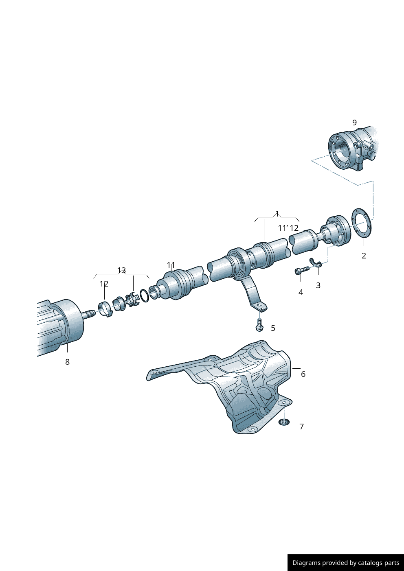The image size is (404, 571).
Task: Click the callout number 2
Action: pyautogui.click(x=364, y=256)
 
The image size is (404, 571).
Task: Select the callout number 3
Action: pyautogui.click(x=318, y=285)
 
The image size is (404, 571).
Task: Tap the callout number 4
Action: pyautogui.click(x=301, y=292)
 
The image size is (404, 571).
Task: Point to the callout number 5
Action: pyautogui.click(x=273, y=328)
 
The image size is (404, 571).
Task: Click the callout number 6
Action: pyautogui.click(x=303, y=374)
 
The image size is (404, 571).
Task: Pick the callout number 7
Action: pyautogui.click(x=301, y=427)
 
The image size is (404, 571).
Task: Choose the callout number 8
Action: pyautogui.click(x=67, y=362)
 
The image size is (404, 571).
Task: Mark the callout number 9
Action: pyautogui.click(x=355, y=123)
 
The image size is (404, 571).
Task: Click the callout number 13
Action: pyautogui.click(x=121, y=270)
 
